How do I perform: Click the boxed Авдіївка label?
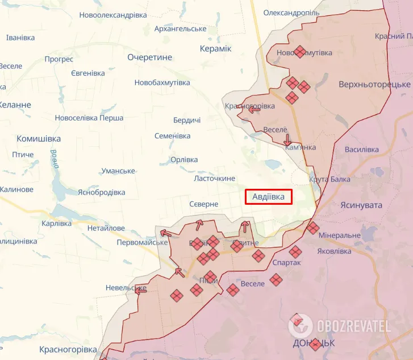point(269,197)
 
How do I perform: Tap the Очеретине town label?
point(149,57)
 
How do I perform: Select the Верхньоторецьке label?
point(374,84)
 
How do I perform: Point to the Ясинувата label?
point(361,205)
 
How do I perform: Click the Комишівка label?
point(39,139)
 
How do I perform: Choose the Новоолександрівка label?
point(113,15)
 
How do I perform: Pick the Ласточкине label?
point(215,178)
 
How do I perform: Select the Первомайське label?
point(142,242)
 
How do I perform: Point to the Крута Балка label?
point(330,179)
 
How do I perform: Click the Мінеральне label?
point(340,235)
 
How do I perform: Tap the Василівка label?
point(361,150)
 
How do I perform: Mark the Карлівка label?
point(56,224)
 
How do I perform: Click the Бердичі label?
point(187,120)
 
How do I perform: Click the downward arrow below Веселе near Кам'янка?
point(287,139)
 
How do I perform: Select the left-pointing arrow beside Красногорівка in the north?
point(250,109)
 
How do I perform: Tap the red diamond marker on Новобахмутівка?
point(300,52)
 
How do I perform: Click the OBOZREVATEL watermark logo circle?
point(301,326)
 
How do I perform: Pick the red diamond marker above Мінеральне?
point(313,228)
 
